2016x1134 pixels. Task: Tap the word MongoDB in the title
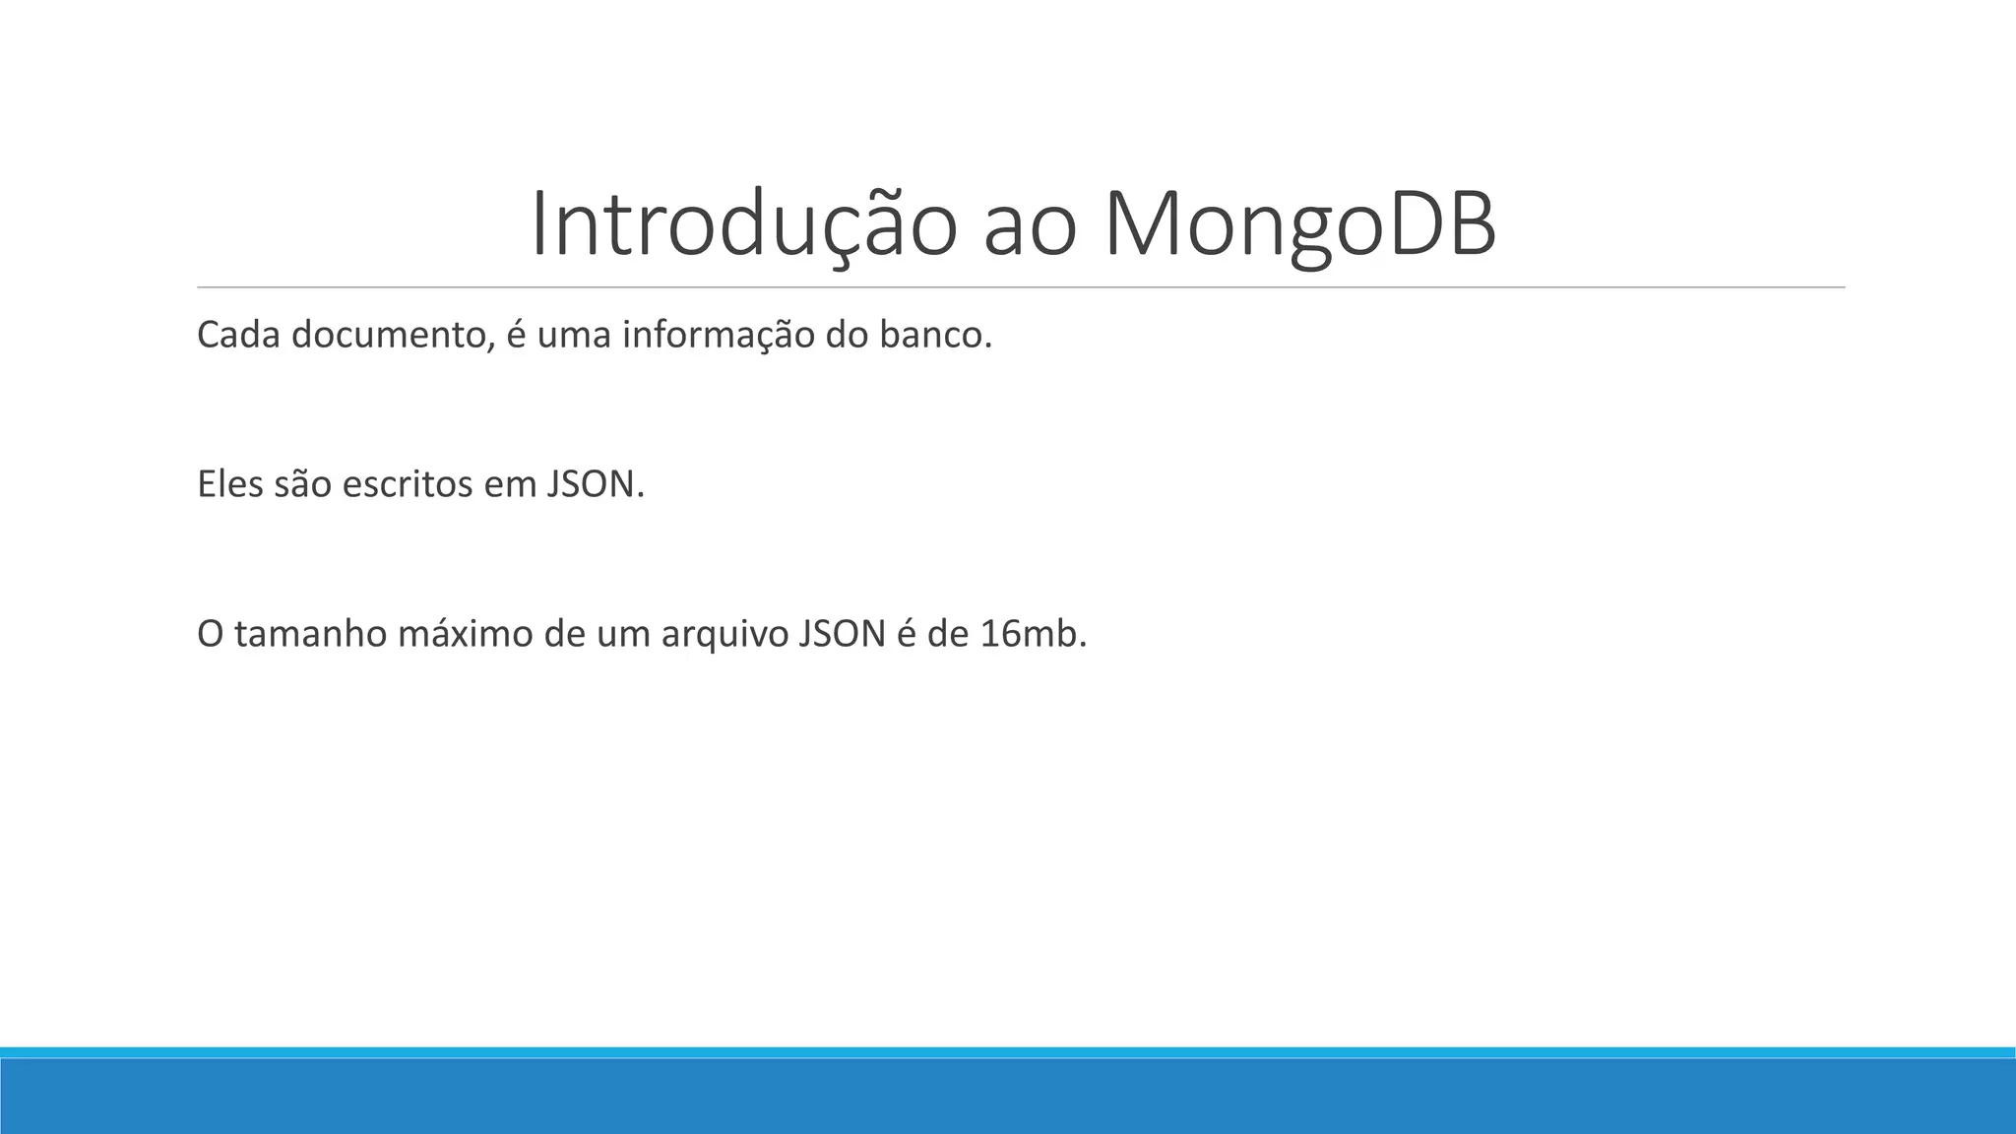tap(1299, 224)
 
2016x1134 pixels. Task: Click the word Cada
tap(238, 336)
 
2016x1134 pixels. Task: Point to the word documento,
tap(393, 336)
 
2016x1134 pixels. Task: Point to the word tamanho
tap(310, 634)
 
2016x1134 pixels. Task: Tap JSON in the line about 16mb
tap(843, 634)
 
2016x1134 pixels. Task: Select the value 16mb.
tap(1033, 634)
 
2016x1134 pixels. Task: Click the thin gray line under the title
tap(1021, 287)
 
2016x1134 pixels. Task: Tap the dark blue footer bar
tap(1008, 1097)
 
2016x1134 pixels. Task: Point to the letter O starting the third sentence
tap(210, 634)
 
